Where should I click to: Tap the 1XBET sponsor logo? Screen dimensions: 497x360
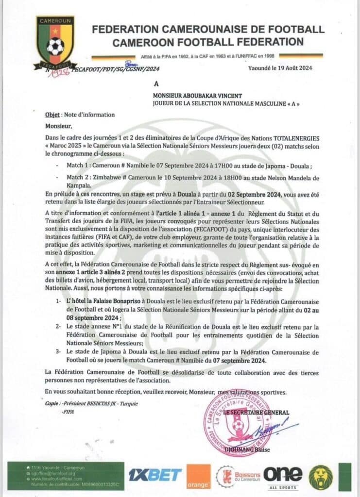click(155, 475)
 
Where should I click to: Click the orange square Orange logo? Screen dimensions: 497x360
click(199, 476)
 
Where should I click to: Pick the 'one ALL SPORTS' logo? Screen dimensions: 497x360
click(282, 475)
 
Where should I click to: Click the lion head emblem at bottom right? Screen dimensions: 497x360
click(321, 477)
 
